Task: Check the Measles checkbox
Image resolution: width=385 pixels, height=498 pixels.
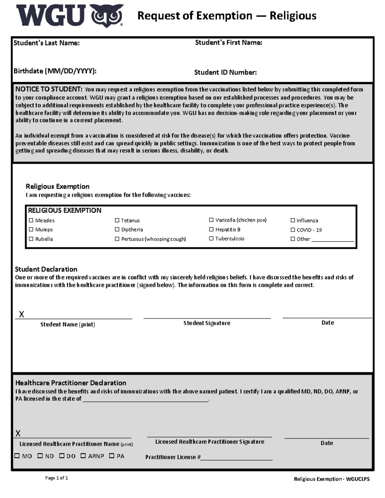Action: (x=31, y=220)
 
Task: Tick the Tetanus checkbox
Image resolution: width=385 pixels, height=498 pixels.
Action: (x=117, y=220)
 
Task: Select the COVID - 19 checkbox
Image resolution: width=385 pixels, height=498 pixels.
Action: (x=293, y=230)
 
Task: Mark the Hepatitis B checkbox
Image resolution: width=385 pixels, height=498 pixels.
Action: (x=211, y=229)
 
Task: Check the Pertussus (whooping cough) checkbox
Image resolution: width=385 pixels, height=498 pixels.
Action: (x=117, y=239)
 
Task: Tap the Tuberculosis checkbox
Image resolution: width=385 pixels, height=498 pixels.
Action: (x=211, y=238)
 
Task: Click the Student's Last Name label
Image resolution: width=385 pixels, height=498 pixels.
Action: (x=47, y=43)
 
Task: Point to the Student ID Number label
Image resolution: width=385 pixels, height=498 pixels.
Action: (x=225, y=72)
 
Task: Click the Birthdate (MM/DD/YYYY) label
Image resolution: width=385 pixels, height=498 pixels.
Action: (x=55, y=71)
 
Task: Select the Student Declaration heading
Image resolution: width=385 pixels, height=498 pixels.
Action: (x=46, y=269)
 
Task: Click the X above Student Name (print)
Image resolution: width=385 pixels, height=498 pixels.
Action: (x=21, y=314)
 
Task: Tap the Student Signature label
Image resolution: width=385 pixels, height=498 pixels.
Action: (x=207, y=323)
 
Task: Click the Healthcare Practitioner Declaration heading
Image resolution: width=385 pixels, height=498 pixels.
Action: (x=71, y=383)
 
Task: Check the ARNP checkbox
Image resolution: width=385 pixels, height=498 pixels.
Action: (x=83, y=456)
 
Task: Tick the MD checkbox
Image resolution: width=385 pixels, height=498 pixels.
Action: (x=17, y=456)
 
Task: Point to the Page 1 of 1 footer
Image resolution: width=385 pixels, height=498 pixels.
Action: (x=56, y=478)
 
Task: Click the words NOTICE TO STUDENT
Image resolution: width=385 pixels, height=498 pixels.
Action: (x=49, y=89)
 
